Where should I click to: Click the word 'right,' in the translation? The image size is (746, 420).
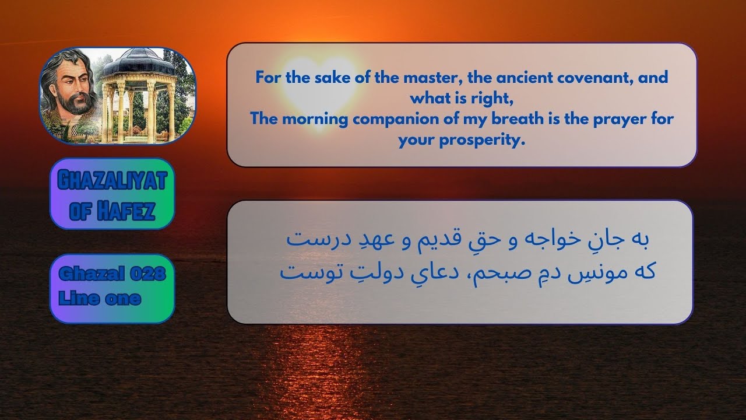[x=490, y=99]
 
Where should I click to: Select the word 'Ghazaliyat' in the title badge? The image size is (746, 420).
[x=112, y=181]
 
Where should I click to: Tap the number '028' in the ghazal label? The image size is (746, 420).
[x=145, y=274]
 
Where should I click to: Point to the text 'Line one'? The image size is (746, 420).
[x=100, y=299]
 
